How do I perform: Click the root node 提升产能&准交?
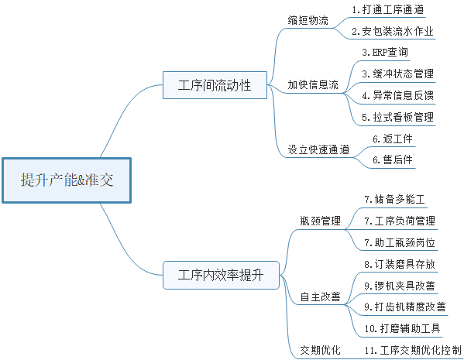point(67,180)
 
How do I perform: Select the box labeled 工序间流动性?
point(215,85)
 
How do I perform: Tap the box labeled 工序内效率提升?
point(221,275)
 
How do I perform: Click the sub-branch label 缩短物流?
point(308,20)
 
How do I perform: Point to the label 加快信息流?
point(313,85)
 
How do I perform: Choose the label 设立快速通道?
point(318,149)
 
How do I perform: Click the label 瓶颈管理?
point(320,221)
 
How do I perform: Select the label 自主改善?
point(320,297)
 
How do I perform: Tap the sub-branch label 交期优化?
point(320,350)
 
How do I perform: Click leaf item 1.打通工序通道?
point(388,9)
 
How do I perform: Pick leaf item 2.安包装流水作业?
point(393,31)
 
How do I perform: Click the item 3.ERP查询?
point(385,53)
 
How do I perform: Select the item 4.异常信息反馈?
point(398,95)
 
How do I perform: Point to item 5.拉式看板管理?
point(398,117)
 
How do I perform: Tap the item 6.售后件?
point(393,160)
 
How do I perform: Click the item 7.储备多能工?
point(395,200)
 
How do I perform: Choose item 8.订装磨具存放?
point(400,264)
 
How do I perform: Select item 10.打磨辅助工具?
point(403,328)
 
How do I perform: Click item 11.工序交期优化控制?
point(413,350)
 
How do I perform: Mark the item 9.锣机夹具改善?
point(400,286)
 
